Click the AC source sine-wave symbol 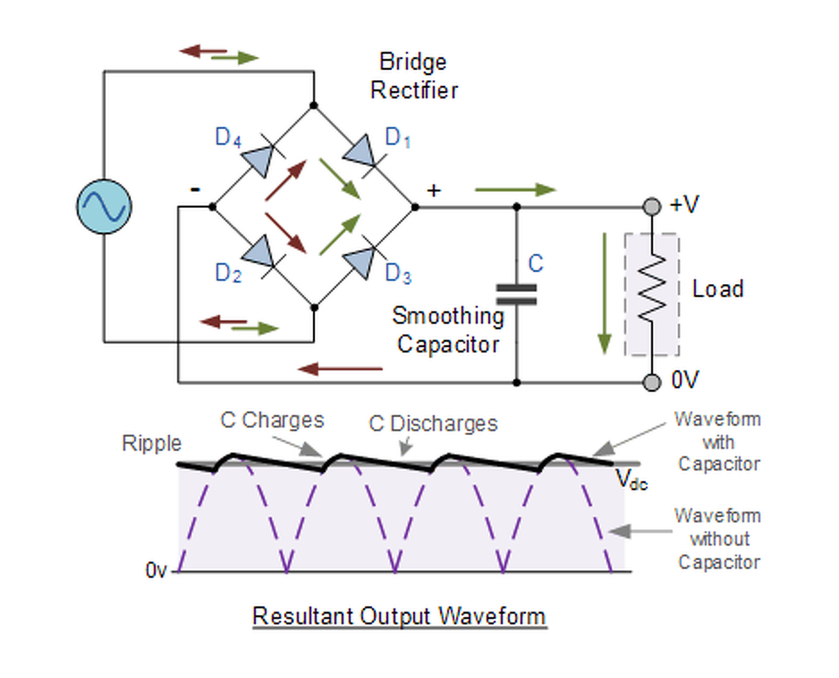tap(104, 207)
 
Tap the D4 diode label tap(228, 137)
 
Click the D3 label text tap(398, 273)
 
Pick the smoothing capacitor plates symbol tap(517, 294)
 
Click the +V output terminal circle tap(652, 207)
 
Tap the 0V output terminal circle tap(652, 382)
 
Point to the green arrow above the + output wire tap(515, 190)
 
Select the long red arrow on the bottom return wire tap(340, 369)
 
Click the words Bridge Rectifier tap(414, 76)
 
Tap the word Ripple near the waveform tap(152, 443)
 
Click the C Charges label tap(272, 420)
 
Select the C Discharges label tap(433, 424)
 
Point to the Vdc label tap(631, 479)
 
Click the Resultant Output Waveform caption tap(399, 616)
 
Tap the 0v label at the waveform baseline tap(156, 570)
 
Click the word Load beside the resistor tap(718, 289)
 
